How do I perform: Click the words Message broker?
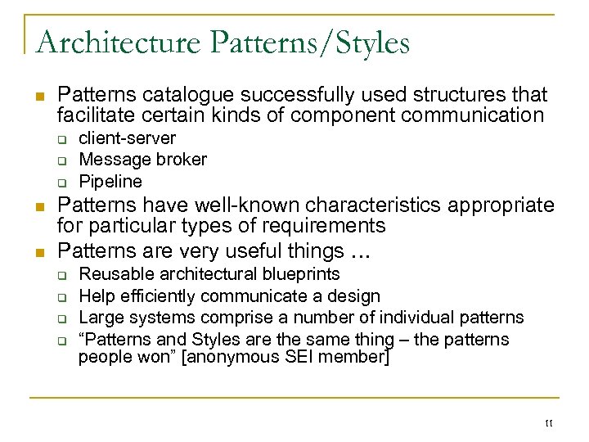[x=142, y=160]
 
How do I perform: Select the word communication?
[x=465, y=115]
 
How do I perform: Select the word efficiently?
[x=157, y=295]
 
